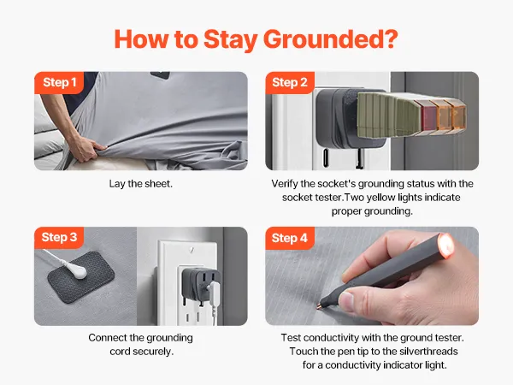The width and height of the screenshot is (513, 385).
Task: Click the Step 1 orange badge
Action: tap(59, 83)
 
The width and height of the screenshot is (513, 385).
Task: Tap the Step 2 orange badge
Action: tap(290, 83)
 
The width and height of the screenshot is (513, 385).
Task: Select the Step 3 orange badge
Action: tap(59, 238)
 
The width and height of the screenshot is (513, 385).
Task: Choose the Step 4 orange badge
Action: tap(290, 238)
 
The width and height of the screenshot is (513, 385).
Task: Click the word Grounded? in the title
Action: tap(330, 39)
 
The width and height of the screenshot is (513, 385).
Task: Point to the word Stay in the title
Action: tap(230, 39)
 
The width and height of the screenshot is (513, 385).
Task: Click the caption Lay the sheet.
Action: tap(141, 184)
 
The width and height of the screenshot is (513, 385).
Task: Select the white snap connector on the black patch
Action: tap(80, 273)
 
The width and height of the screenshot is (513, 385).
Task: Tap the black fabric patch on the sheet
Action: tap(81, 277)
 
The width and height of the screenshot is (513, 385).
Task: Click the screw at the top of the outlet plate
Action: tap(192, 250)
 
